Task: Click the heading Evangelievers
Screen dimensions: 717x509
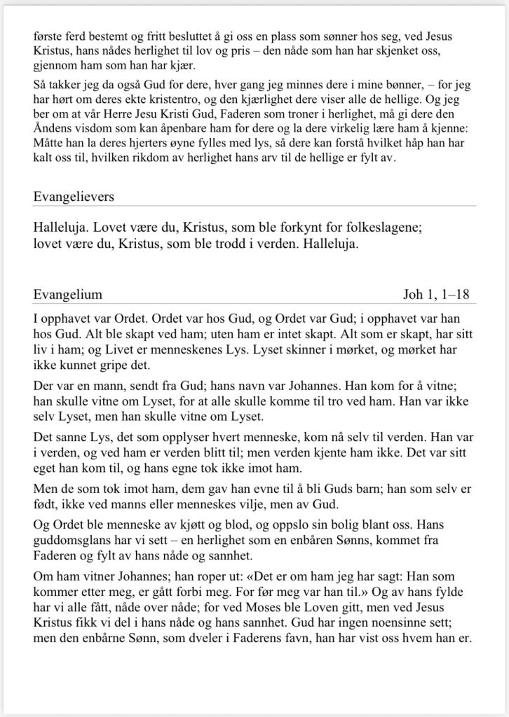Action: pyautogui.click(x=74, y=197)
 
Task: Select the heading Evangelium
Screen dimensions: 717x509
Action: pyautogui.click(x=68, y=294)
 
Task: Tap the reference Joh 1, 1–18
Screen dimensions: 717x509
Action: pyautogui.click(x=436, y=294)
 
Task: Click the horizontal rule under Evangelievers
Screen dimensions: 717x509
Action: pyautogui.click(x=254, y=207)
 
